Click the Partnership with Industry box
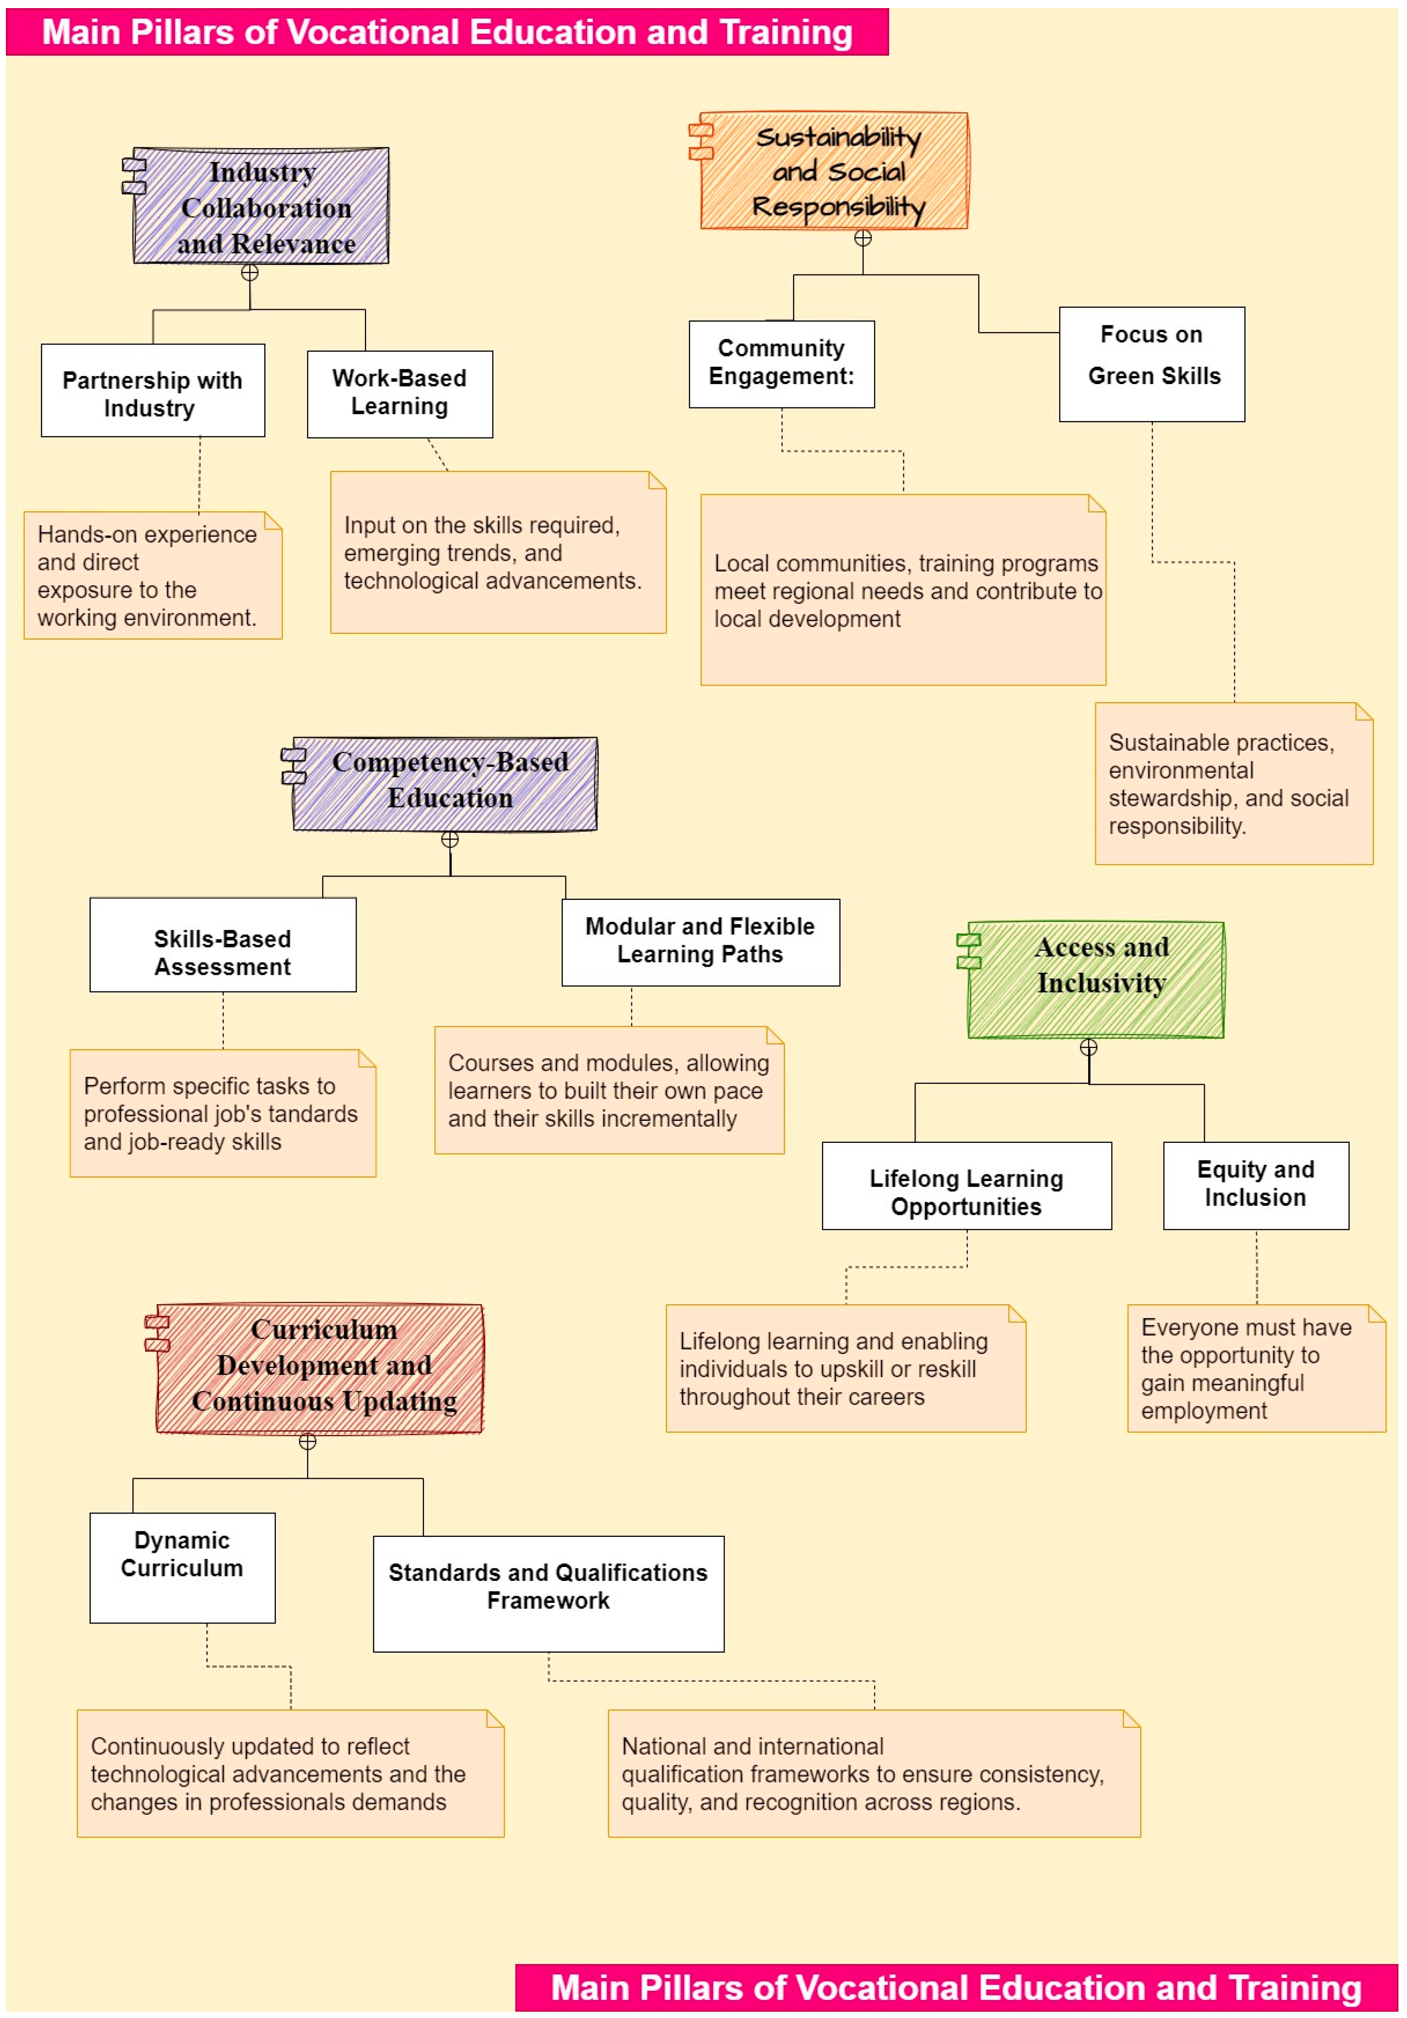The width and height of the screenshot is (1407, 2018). [153, 390]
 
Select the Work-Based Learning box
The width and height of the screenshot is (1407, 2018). [400, 394]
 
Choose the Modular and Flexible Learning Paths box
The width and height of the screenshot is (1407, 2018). [700, 941]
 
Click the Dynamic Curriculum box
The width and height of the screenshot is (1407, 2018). [182, 1567]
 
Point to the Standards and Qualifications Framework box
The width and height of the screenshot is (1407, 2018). [549, 1593]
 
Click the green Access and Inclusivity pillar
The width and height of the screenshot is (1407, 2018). [1095, 979]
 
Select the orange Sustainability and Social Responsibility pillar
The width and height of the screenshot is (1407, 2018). [834, 171]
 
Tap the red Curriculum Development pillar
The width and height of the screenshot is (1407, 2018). [320, 1367]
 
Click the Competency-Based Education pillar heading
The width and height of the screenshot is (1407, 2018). [446, 783]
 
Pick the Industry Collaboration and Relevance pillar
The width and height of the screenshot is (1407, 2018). [261, 206]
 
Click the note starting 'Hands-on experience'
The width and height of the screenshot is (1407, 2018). [153, 575]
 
